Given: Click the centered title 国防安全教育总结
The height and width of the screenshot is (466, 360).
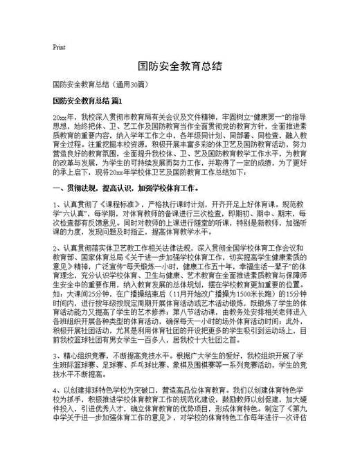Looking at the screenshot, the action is coord(179,66).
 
